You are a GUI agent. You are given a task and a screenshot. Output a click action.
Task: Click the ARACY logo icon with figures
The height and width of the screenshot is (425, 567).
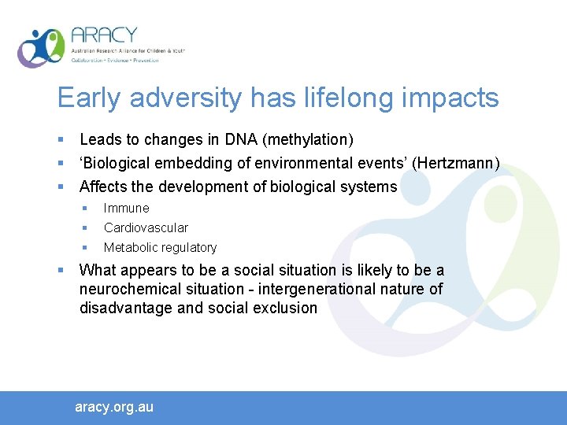[41, 47]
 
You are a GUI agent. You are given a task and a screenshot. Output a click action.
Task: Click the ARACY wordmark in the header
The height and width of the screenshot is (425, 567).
[103, 36]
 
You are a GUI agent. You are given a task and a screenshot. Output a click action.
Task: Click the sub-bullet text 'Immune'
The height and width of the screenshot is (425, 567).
[126, 209]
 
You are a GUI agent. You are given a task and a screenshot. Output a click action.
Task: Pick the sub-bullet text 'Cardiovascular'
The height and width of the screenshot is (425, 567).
[146, 228]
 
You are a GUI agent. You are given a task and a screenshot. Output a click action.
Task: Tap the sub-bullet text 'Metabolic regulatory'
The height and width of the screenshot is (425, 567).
[160, 248]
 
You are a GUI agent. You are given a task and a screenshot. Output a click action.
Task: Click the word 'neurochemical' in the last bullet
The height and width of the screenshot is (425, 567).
[128, 290]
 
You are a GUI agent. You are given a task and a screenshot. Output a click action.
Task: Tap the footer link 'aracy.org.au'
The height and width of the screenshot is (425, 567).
[114, 407]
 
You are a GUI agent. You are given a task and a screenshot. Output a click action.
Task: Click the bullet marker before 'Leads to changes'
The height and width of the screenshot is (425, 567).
[61, 140]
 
